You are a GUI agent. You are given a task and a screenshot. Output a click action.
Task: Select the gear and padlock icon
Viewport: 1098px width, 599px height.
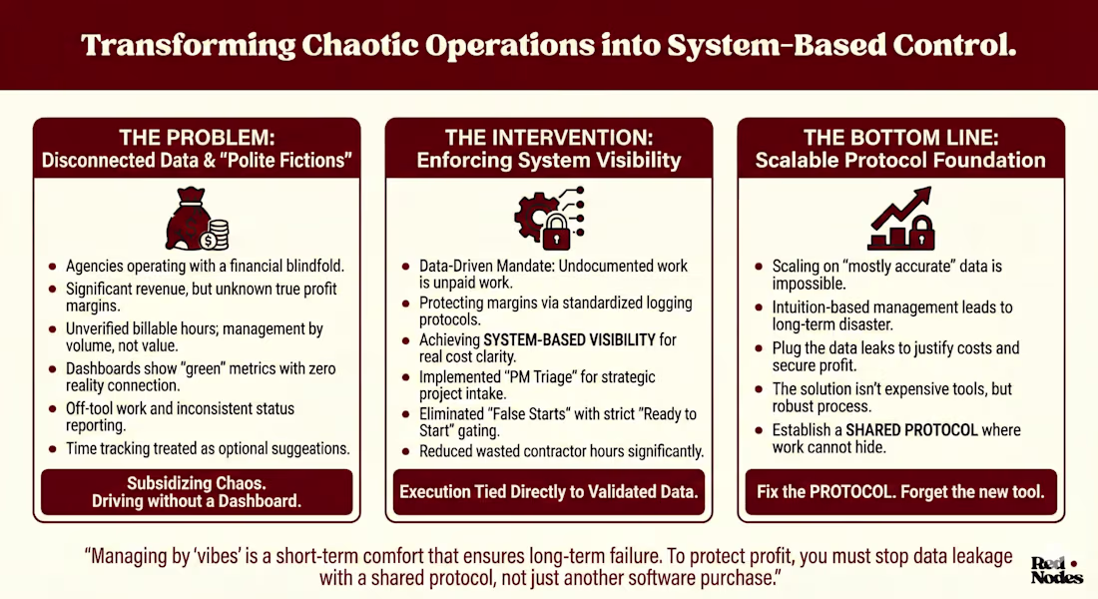[x=549, y=219]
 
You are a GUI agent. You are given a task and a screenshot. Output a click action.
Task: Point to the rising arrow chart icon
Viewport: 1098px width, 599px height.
[x=901, y=218]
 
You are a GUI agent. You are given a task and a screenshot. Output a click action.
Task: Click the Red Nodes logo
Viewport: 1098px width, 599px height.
[x=1057, y=570]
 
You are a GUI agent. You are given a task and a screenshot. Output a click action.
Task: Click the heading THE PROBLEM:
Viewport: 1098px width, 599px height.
[x=197, y=138]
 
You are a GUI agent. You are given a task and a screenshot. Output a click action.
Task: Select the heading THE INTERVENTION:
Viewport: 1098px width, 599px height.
[x=549, y=138]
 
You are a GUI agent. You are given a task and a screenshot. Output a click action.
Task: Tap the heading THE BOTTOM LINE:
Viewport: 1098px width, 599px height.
[x=900, y=138]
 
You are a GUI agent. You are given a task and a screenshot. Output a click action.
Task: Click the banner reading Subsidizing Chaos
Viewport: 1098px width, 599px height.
[x=197, y=492]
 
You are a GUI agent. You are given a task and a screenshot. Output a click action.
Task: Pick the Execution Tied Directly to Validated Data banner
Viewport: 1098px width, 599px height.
[x=549, y=492]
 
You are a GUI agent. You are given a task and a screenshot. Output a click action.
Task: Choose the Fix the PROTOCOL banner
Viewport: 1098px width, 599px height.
[x=900, y=492]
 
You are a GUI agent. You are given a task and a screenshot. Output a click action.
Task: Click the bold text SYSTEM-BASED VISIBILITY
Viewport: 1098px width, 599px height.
[x=569, y=340]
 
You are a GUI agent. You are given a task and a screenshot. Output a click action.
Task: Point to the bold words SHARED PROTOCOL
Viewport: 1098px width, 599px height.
[x=911, y=430]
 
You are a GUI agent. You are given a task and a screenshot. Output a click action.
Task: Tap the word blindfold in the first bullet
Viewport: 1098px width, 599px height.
[x=315, y=267]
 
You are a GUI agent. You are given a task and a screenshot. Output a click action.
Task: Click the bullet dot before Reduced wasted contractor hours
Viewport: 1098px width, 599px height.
[x=406, y=452]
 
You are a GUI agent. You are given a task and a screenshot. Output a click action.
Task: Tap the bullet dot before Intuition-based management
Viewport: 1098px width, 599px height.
[x=759, y=307]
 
